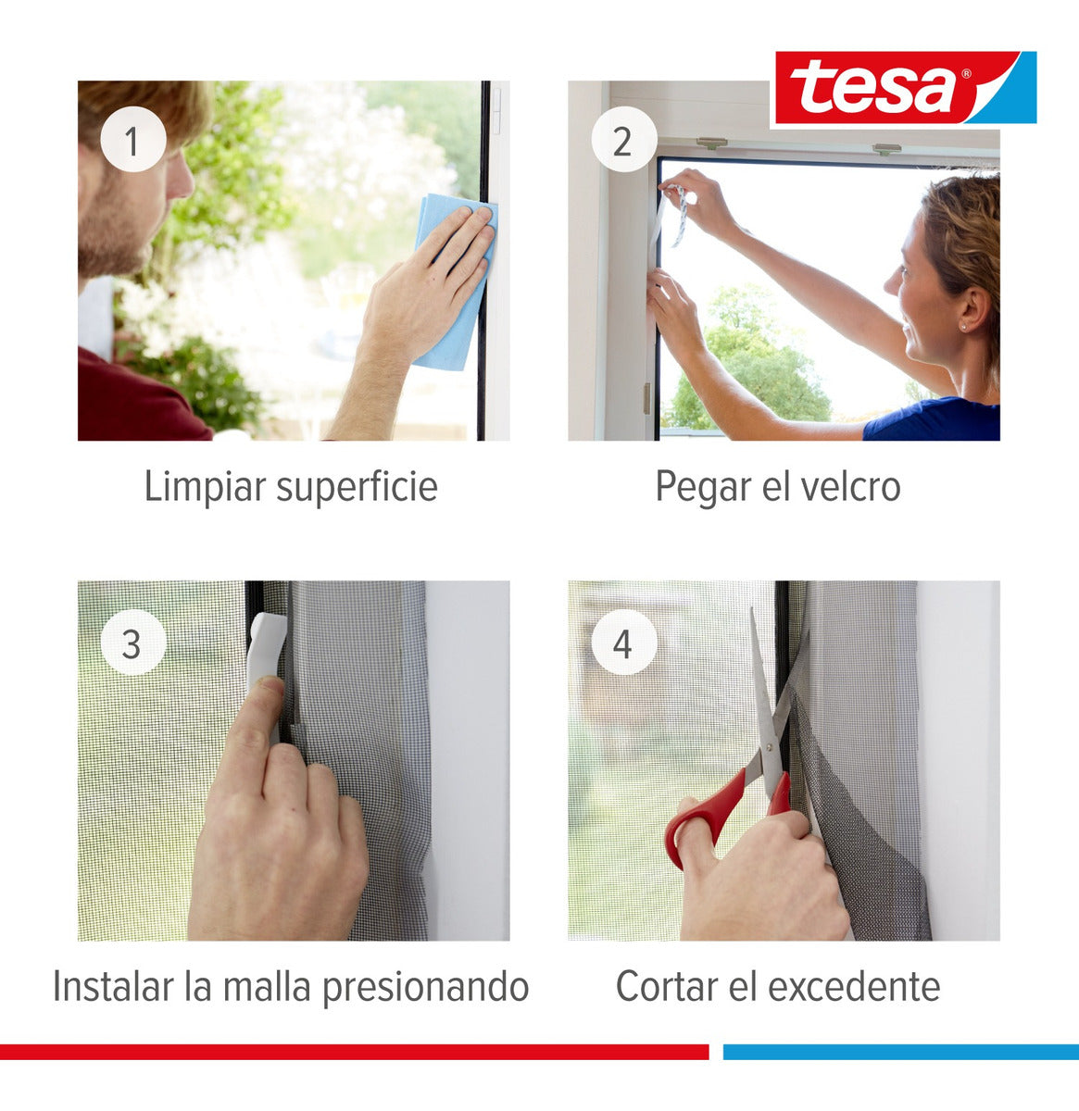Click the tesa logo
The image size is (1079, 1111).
click(x=903, y=88)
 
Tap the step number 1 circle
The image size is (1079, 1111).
click(x=132, y=141)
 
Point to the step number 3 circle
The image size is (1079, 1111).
click(x=132, y=643)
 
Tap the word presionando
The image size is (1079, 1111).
click(x=425, y=987)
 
